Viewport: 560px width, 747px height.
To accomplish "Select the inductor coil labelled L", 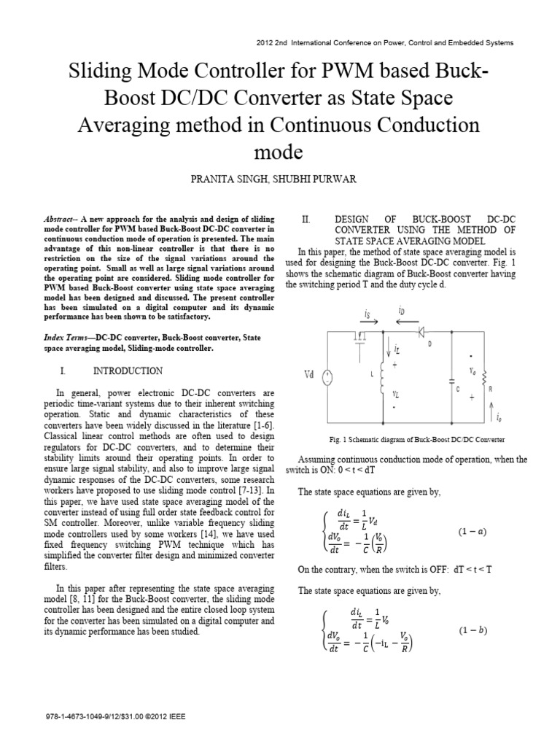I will coord(381,375).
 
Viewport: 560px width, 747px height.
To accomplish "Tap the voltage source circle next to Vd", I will coord(328,376).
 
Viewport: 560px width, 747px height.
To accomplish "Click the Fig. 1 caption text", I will coord(418,440).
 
